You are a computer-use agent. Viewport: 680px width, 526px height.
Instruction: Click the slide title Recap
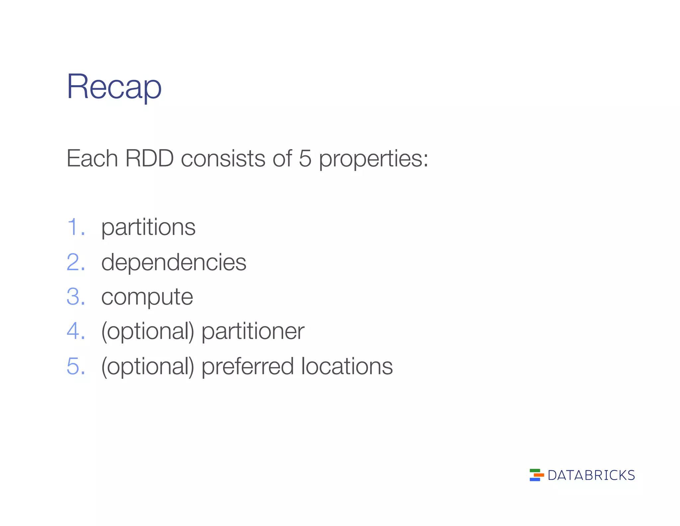[114, 87]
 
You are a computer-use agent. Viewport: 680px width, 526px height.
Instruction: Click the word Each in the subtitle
[92, 159]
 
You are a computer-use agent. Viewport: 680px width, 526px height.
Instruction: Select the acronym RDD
[149, 159]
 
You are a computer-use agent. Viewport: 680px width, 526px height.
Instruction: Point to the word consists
[223, 159]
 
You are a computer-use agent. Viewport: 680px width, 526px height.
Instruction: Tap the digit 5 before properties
[305, 159]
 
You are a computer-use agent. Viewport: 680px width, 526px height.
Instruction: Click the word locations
[347, 366]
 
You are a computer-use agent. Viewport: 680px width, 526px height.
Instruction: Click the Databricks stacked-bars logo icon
[536, 475]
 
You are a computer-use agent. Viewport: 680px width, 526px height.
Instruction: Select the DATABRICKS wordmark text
[591, 475]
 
